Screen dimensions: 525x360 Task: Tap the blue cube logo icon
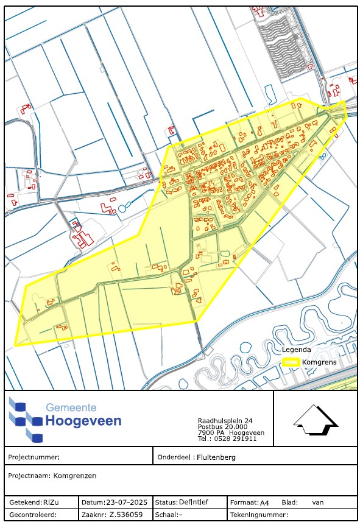tap(26, 420)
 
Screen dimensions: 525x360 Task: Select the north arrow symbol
tap(315, 421)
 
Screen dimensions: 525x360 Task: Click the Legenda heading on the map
tap(297, 350)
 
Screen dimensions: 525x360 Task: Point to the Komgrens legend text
tap(319, 362)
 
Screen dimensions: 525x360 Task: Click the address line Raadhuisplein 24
tap(225, 421)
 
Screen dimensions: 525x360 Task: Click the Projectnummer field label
tap(34, 456)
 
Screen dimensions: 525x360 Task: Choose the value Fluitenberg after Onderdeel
tap(215, 456)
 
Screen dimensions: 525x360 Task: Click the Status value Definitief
tap(194, 503)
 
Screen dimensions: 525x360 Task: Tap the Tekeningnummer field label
tap(255, 515)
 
